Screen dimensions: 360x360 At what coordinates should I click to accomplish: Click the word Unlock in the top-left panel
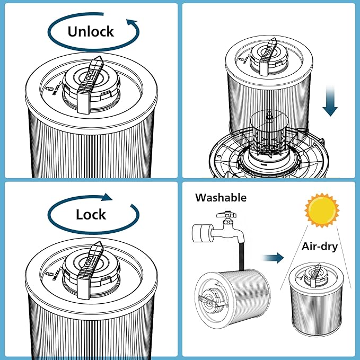[x=90, y=31]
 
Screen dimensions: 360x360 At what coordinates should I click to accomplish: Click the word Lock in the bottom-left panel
[x=91, y=215]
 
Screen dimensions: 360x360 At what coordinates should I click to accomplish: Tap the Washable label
[x=221, y=198]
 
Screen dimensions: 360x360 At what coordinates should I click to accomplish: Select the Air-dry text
[x=319, y=246]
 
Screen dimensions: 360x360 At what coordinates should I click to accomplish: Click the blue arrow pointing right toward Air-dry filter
[x=274, y=258]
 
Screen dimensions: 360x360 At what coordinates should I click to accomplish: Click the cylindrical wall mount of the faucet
[x=199, y=232]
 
